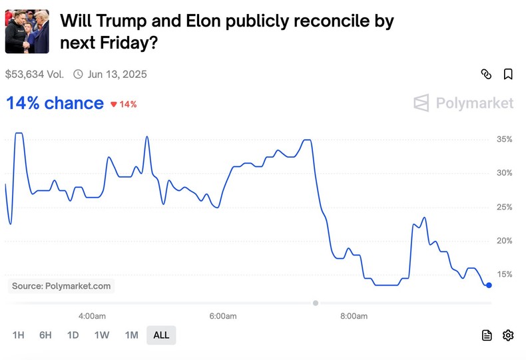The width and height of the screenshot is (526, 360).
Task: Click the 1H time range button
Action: [18, 335]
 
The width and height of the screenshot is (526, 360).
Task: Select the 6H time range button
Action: [45, 335]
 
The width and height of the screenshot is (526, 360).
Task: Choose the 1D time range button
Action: [73, 335]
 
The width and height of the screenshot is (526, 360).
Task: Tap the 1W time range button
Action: [102, 335]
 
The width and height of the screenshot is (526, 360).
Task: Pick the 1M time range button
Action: [132, 335]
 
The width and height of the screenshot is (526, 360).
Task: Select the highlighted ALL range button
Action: [161, 335]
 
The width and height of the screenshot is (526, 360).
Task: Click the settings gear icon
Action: [508, 335]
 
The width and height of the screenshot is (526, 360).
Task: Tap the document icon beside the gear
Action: [487, 335]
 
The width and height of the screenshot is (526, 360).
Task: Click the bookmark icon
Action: [508, 74]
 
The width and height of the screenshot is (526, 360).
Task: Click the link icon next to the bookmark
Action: [486, 74]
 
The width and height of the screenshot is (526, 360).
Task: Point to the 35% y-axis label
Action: [504, 139]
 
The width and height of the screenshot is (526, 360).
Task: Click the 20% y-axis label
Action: [504, 240]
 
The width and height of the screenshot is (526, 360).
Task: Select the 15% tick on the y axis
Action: [504, 274]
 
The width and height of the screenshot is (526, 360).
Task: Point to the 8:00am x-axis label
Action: [353, 316]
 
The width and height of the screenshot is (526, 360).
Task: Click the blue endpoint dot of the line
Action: [489, 285]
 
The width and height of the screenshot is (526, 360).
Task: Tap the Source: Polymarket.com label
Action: [61, 286]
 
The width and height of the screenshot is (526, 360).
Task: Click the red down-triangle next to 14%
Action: [113, 104]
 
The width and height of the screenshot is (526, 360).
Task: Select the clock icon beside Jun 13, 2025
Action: [78, 74]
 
